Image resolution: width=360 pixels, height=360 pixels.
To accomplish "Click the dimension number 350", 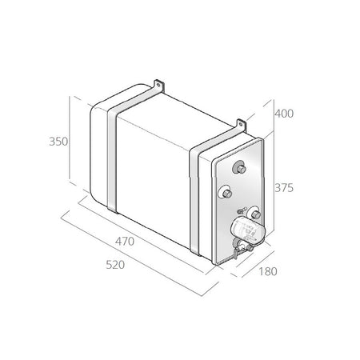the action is (x=58, y=142).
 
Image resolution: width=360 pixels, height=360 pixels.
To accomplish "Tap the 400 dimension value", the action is (x=284, y=114).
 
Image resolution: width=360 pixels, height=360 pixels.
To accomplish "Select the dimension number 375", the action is (x=284, y=188).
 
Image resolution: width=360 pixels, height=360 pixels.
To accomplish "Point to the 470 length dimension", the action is (x=125, y=242).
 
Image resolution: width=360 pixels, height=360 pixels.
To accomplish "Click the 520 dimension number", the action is (x=115, y=265).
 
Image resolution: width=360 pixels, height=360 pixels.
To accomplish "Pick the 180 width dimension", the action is (x=268, y=271).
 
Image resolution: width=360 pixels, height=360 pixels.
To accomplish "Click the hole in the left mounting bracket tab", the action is (x=158, y=86).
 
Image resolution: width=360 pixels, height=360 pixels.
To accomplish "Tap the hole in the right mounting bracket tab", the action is (x=241, y=125).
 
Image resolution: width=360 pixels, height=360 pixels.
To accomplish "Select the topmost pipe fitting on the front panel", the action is (x=239, y=167).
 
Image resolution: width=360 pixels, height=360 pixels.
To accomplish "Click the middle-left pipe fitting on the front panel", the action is (x=226, y=192).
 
